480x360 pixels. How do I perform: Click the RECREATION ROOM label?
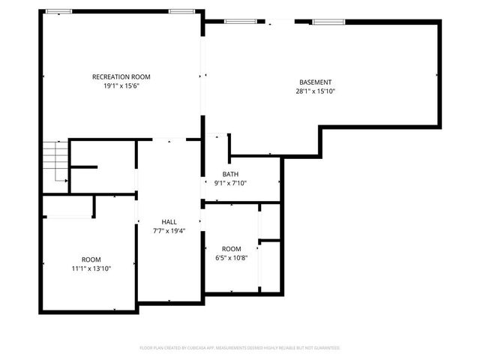121,77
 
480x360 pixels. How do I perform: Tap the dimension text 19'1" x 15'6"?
121,86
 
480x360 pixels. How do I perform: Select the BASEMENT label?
315,82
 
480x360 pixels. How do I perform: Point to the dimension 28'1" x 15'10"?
315,91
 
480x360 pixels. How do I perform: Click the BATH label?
230,174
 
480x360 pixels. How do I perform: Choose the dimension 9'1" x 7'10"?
230,183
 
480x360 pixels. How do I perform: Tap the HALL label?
169,222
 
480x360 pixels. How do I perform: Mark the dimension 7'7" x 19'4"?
169,231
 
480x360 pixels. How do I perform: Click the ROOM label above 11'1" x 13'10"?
91,259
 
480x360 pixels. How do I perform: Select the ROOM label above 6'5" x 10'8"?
231,249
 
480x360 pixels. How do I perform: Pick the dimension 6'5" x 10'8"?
231,258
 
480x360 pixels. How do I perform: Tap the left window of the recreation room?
59,11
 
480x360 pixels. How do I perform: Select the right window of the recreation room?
179,11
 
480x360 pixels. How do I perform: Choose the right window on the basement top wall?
324,22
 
